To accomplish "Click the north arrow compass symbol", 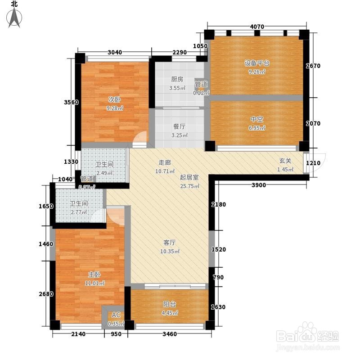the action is [x=14, y=18].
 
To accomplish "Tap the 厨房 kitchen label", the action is [x=177, y=80].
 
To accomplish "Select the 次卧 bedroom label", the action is [x=115, y=99].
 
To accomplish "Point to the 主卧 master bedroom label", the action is [x=94, y=274].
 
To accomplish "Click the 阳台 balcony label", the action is [x=170, y=305].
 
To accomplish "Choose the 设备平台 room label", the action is [x=256, y=63].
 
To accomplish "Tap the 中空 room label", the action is [x=256, y=119].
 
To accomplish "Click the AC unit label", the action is [x=116, y=315].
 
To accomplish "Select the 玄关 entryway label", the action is [x=285, y=161].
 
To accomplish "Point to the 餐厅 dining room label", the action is [x=179, y=126].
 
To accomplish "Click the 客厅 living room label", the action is [x=170, y=243].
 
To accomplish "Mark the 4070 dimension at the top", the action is [x=257, y=27].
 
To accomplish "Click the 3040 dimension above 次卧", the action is [x=115, y=52].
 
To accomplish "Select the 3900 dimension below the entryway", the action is [x=258, y=185].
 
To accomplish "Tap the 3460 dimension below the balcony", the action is [x=170, y=334].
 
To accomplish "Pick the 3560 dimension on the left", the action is [x=71, y=102].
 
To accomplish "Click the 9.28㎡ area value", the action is [x=115, y=108].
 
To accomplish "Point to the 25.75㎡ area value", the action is [x=189, y=186].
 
